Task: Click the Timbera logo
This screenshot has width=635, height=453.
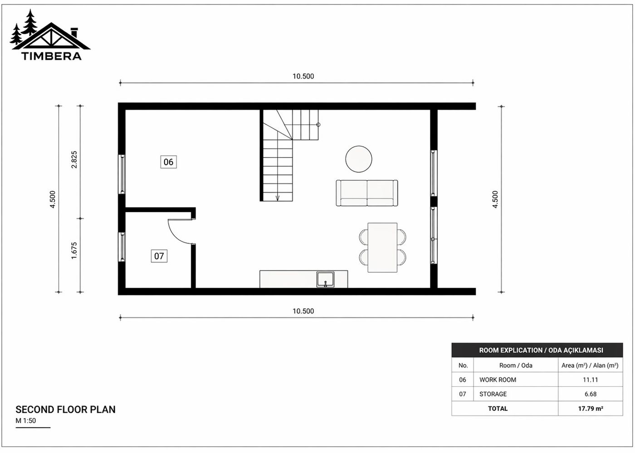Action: [50, 36]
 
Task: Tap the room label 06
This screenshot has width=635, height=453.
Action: [168, 162]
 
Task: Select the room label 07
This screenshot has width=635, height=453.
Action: [159, 256]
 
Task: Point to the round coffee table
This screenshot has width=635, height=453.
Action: [359, 159]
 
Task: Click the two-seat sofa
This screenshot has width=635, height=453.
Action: [366, 193]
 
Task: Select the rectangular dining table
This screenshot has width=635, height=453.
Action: [382, 247]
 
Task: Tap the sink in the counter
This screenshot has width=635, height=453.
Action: [325, 280]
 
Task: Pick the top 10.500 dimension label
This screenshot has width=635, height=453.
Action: [303, 76]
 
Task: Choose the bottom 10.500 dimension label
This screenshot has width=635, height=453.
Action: [303, 311]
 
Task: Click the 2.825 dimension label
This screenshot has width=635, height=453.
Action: [74, 160]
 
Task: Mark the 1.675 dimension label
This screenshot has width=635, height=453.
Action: [74, 251]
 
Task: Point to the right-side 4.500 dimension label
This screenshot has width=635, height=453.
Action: [495, 199]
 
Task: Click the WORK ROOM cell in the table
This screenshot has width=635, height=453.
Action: [498, 380]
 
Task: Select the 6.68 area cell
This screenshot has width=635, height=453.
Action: [590, 394]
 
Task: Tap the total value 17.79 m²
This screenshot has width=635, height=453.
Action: [590, 409]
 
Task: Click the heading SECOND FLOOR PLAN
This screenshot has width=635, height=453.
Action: [65, 410]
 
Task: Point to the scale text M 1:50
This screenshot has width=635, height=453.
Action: [26, 421]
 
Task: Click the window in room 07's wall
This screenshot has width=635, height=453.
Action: [122, 247]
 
